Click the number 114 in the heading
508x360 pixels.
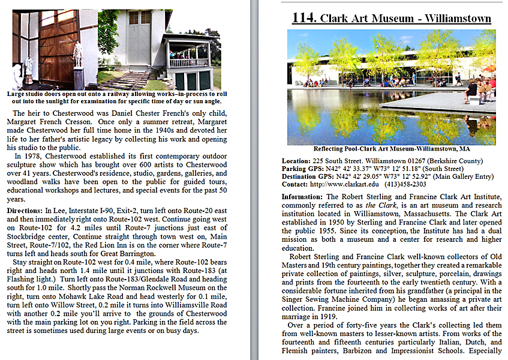pyautogui.click(x=303, y=17)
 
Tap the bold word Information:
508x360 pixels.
pyautogui.click(x=303, y=197)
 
